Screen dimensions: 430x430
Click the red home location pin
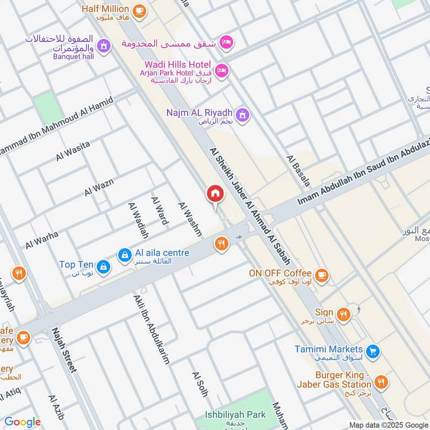point(215,194)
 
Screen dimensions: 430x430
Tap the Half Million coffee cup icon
point(139,9)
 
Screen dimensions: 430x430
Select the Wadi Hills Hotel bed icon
point(221,70)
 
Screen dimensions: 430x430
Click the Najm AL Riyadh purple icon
point(243,114)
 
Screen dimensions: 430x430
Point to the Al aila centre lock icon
point(125,253)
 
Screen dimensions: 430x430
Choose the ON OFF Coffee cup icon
point(321,275)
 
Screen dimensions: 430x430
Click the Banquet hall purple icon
point(104,47)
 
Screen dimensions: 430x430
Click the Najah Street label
point(65,349)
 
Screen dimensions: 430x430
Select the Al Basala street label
point(298,171)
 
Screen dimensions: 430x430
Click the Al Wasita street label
point(73,150)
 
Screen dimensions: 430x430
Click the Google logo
point(23,422)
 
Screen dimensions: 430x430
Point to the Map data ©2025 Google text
point(388,425)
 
